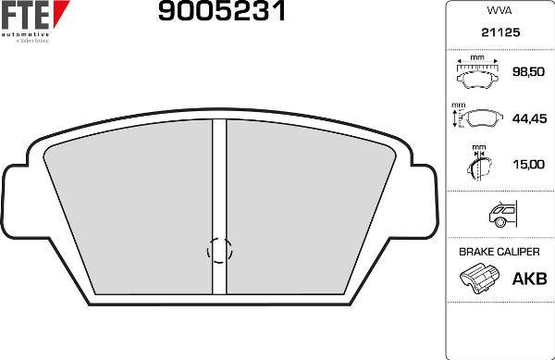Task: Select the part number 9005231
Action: click(222, 12)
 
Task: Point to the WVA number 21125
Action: click(500, 31)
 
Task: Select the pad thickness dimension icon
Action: click(477, 164)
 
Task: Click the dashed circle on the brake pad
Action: click(219, 249)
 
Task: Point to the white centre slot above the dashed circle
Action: click(219, 176)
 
